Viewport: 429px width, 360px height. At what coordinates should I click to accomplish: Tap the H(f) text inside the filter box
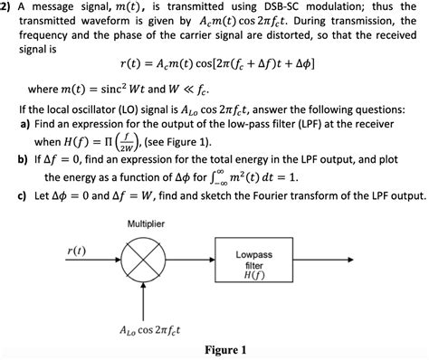coord(254,275)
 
